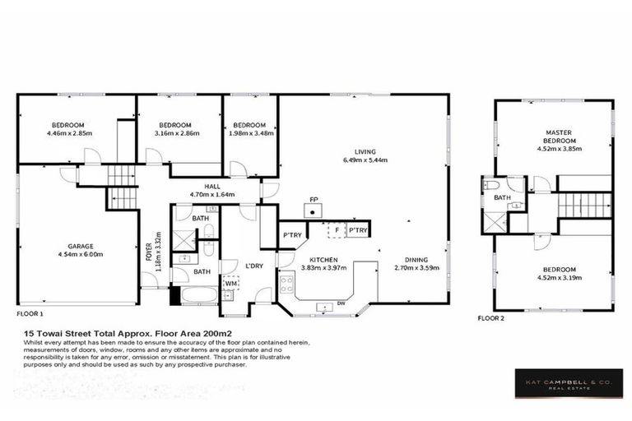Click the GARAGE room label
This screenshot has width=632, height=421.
[80, 246]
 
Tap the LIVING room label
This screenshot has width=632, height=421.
[365, 151]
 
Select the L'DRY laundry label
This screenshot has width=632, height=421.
[254, 266]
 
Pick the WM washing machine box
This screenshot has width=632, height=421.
[232, 285]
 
